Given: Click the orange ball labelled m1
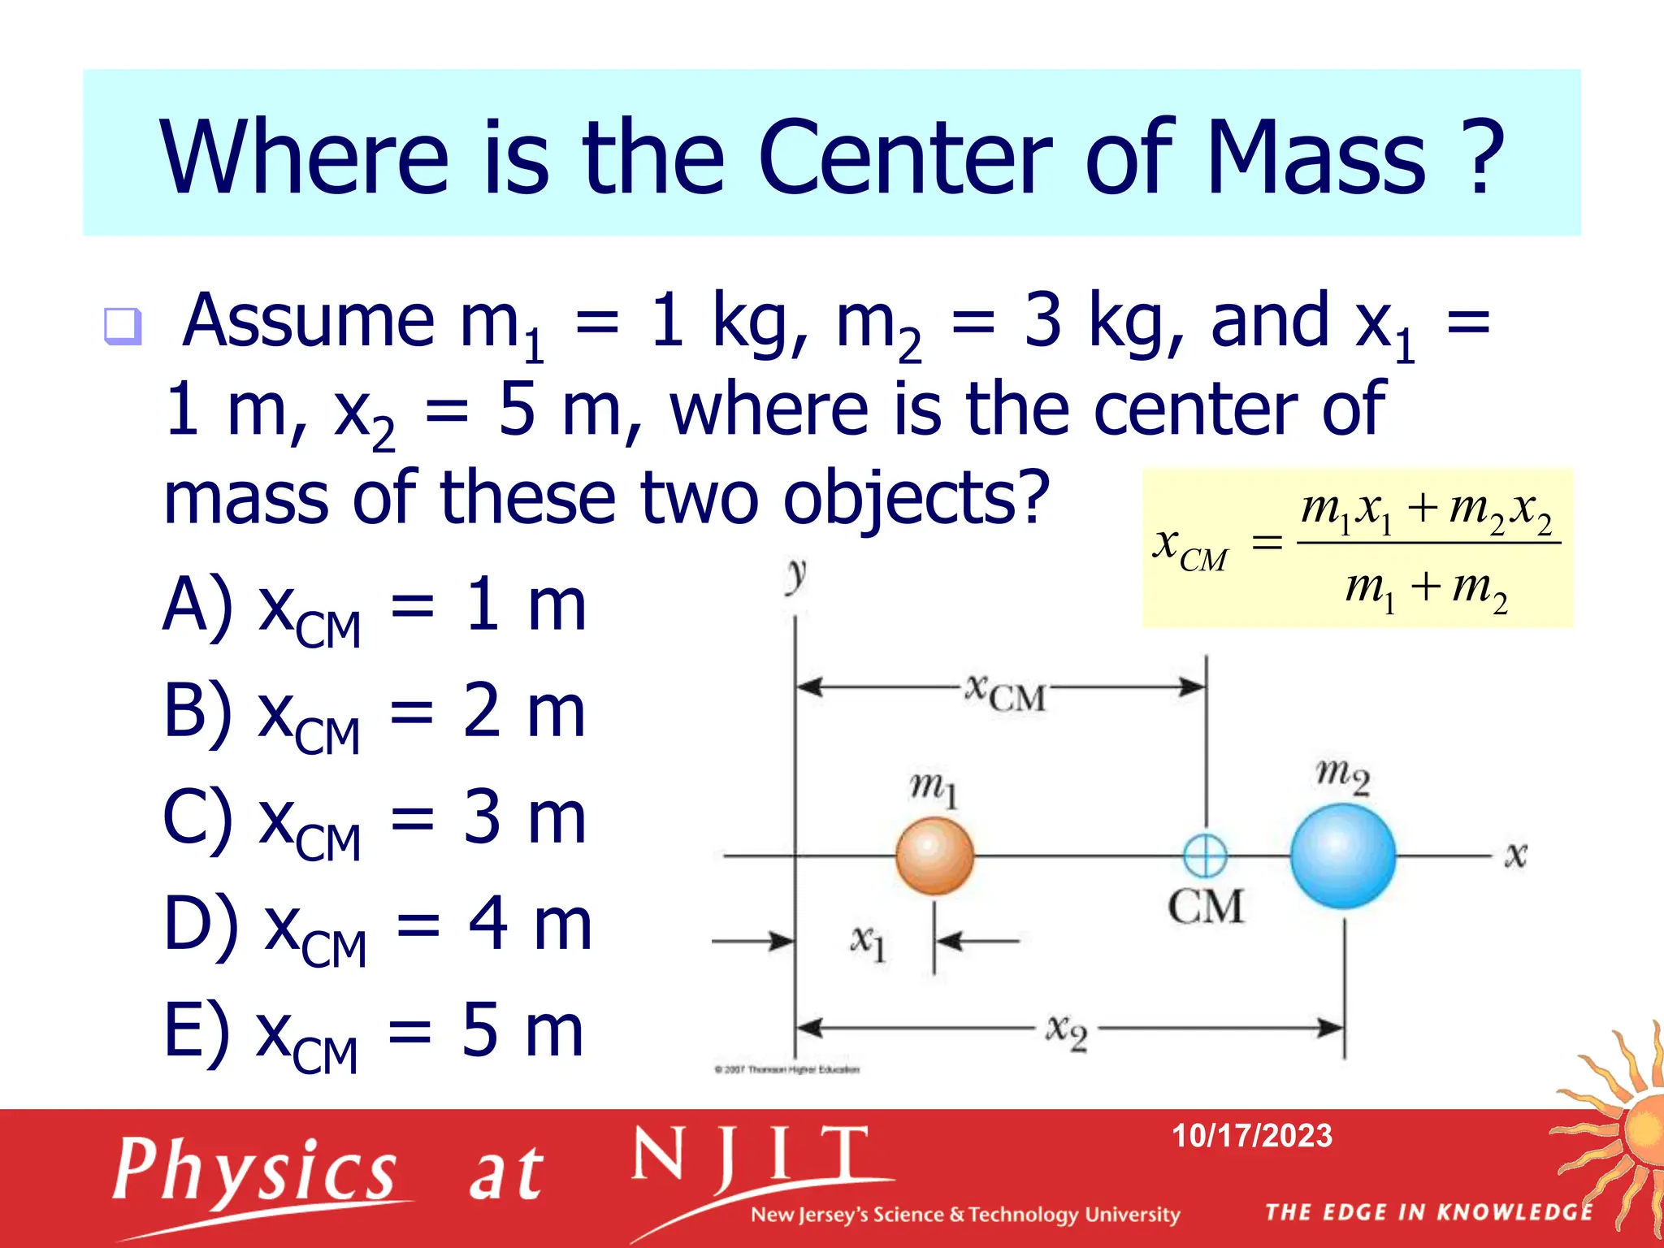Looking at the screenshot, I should tap(934, 856).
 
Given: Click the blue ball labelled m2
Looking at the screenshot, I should tap(1343, 856).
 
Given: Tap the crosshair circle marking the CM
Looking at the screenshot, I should tap(1205, 856).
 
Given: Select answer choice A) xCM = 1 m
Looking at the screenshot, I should tap(374, 608).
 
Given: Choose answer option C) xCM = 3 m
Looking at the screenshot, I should tap(374, 821).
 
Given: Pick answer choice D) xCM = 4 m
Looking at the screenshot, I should tap(377, 927).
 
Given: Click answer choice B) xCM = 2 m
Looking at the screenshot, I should tap(374, 714).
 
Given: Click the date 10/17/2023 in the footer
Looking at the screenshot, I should tap(1251, 1136).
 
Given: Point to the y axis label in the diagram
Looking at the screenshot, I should tap(796, 575).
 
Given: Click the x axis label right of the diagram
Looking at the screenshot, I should tap(1515, 855).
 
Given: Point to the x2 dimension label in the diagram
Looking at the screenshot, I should tap(1066, 1031).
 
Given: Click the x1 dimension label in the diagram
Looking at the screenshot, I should tap(868, 942).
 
